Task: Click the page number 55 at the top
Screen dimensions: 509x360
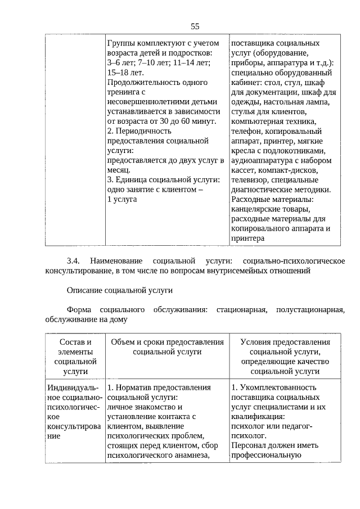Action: [x=195, y=26]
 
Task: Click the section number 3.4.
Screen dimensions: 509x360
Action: [x=74, y=262]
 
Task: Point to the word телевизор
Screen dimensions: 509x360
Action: [x=250, y=180]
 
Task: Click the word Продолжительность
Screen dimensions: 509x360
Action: [x=147, y=82]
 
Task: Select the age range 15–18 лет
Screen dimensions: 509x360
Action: [x=125, y=73]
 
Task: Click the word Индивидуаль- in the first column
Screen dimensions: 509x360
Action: [x=73, y=388]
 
